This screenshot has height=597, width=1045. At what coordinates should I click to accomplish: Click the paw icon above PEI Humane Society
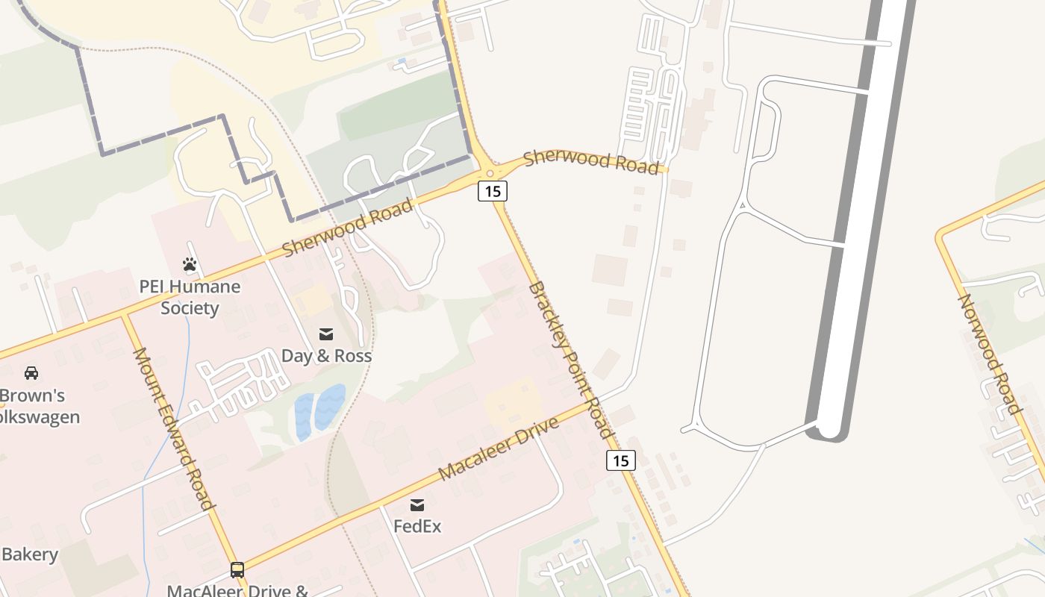pyautogui.click(x=190, y=264)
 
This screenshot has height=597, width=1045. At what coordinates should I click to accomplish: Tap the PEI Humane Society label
pyautogui.click(x=190, y=297)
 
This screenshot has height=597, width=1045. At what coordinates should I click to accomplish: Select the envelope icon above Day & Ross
pyautogui.click(x=326, y=334)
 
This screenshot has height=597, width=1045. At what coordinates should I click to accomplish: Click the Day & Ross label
pyautogui.click(x=326, y=356)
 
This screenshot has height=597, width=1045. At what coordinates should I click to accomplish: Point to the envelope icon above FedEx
pyautogui.click(x=417, y=505)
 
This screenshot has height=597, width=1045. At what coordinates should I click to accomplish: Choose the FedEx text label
pyautogui.click(x=417, y=526)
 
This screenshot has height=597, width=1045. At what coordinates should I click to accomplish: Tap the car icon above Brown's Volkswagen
pyautogui.click(x=31, y=372)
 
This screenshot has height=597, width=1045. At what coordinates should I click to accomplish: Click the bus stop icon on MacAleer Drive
pyautogui.click(x=237, y=570)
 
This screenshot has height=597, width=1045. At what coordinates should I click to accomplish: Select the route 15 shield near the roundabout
pyautogui.click(x=493, y=191)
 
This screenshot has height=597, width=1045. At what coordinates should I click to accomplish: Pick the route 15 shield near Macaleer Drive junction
pyautogui.click(x=620, y=460)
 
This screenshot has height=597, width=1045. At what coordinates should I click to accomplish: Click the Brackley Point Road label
pyautogui.click(x=571, y=360)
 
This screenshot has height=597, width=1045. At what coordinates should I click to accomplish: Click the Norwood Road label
pyautogui.click(x=989, y=354)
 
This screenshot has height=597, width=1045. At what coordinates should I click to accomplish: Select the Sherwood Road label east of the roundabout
pyautogui.click(x=591, y=162)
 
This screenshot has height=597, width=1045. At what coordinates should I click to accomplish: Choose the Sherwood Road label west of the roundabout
pyautogui.click(x=347, y=227)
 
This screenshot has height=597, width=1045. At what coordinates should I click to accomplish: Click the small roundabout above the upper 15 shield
pyautogui.click(x=490, y=173)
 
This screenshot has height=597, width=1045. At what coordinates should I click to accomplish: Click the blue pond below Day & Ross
pyautogui.click(x=319, y=410)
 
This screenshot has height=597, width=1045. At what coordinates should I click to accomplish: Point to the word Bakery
pyautogui.click(x=30, y=554)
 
